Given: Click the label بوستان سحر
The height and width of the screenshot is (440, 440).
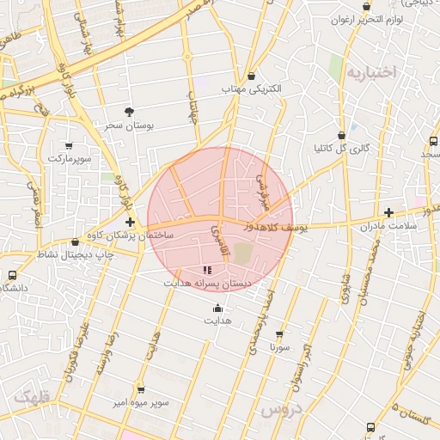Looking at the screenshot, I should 129,125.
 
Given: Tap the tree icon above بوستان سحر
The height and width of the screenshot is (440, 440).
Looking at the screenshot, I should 130,112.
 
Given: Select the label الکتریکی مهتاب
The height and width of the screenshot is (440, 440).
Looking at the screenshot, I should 251,89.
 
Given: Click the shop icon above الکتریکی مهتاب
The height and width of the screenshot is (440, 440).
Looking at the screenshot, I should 251,76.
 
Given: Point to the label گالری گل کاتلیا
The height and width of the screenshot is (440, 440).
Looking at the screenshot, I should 341,148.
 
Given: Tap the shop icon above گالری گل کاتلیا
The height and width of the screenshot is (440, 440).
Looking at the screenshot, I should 342,135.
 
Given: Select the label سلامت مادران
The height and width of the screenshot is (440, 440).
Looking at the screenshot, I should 389,226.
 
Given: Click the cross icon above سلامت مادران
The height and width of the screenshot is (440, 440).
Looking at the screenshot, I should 389,212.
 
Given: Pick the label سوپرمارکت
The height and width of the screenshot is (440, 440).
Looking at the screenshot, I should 69,158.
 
